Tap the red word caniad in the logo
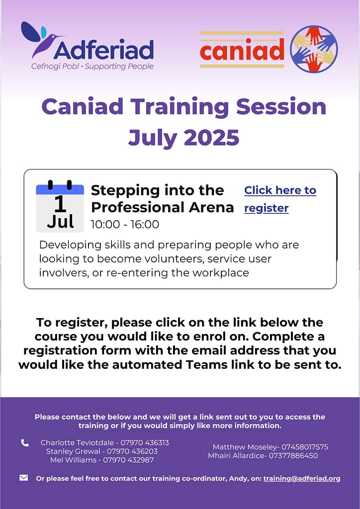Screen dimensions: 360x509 click(242, 50)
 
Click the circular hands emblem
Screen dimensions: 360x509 click(314, 49)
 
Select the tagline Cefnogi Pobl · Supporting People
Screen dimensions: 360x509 click(92, 67)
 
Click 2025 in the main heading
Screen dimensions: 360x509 click(212, 137)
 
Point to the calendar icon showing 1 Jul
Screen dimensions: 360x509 click(60, 206)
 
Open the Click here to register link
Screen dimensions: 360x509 click(280, 199)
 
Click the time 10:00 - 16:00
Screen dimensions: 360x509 click(125, 224)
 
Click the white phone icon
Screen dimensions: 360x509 click(25, 443)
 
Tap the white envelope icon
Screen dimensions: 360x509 click(24, 478)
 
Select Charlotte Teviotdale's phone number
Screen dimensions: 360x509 click(145, 442)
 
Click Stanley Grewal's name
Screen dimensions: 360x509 click(74, 451)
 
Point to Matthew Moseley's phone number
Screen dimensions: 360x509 click(305, 447)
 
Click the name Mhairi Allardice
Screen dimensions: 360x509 click(236, 455)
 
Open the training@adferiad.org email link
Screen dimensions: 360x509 click(302, 479)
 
